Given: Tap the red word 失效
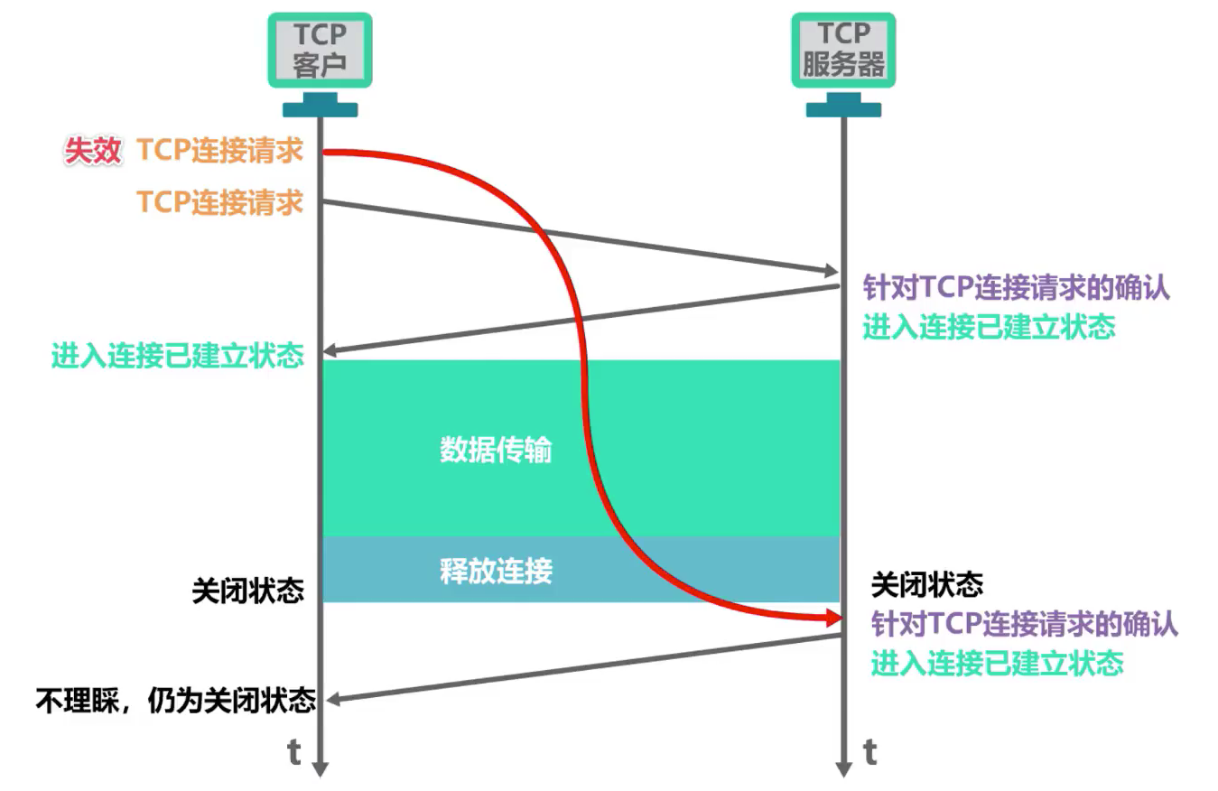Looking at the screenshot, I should tap(91, 151).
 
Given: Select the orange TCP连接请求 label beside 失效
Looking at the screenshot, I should tap(219, 151).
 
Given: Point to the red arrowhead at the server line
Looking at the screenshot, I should tap(832, 619).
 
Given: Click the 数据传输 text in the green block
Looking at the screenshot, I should tap(496, 450).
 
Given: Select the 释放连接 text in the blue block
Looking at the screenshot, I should tap(496, 571).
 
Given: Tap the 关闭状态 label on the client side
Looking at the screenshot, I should tap(247, 591).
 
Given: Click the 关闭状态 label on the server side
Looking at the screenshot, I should tap(926, 585).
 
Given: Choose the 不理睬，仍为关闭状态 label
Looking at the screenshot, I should tap(175, 700).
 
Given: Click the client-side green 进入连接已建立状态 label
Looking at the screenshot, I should tap(177, 356).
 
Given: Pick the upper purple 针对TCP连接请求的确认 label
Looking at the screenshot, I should tap(1017, 288).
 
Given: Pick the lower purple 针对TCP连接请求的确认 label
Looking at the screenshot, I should tap(1024, 624).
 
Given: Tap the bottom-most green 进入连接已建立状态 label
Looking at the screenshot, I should tap(997, 664).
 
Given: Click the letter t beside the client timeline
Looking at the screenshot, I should tap(294, 751).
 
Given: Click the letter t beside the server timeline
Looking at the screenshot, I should tap(869, 751).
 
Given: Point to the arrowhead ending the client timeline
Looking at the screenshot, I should tap(320, 768).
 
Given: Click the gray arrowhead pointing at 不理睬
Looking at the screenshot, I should tap(332, 698).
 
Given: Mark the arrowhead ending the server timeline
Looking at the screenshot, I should tap(843, 768).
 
